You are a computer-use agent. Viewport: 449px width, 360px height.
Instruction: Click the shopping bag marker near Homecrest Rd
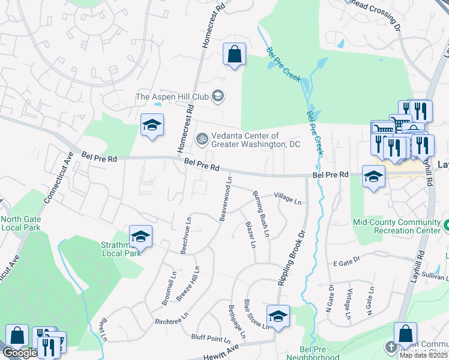tap(234, 54)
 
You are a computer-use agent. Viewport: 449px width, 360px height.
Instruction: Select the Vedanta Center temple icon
tap(203, 139)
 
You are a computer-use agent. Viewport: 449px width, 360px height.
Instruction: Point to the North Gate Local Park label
tap(20, 223)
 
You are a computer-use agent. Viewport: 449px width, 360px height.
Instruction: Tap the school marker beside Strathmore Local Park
tap(140, 237)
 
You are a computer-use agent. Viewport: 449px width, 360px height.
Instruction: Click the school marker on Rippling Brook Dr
tap(278, 316)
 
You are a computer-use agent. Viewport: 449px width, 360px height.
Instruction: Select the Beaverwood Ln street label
tap(226, 199)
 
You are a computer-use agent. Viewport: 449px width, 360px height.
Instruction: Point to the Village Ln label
tap(288, 199)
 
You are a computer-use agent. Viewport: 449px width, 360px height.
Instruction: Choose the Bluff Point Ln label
tap(210, 338)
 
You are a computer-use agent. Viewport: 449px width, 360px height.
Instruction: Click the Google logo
tap(19, 353)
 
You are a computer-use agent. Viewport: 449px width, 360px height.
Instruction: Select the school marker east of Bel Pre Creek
tap(373, 177)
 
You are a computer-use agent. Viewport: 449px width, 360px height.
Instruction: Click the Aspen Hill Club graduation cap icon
tap(218, 96)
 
